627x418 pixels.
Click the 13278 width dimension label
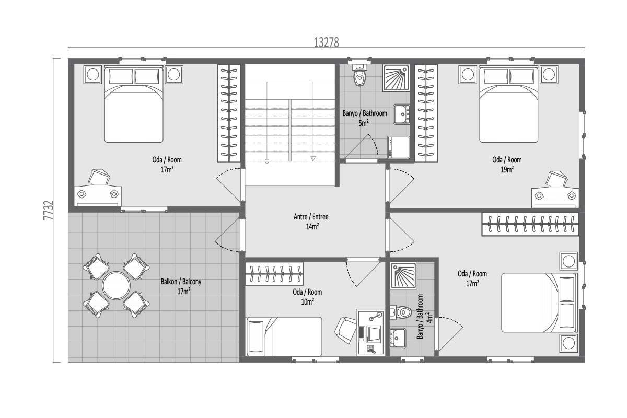pyautogui.click(x=327, y=42)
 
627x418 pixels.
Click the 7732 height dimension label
pyautogui.click(x=48, y=210)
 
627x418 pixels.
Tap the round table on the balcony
pyautogui.click(x=116, y=286)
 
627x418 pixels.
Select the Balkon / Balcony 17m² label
pyautogui.click(x=181, y=286)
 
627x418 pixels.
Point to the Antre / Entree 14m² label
pyautogui.click(x=311, y=222)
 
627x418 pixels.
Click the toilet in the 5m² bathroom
pyautogui.click(x=359, y=75)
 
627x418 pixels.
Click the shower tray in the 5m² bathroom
pyautogui.click(x=396, y=78)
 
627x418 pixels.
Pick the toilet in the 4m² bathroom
pyautogui.click(x=401, y=312)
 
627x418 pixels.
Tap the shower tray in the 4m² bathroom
pyautogui.click(x=404, y=276)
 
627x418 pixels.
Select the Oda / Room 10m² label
pyautogui.click(x=307, y=297)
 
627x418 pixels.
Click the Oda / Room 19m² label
pyautogui.click(x=507, y=165)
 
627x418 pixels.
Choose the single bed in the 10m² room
pyautogui.click(x=284, y=336)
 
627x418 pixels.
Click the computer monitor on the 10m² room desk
pyautogui.click(x=374, y=334)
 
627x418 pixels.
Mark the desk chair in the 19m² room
pyautogui.click(x=556, y=179)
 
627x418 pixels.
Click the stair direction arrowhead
pyautogui.click(x=313, y=159)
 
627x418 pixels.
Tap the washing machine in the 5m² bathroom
pyautogui.click(x=398, y=147)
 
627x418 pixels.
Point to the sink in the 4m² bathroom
pyautogui.click(x=398, y=339)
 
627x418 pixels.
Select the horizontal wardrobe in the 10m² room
pyautogui.click(x=274, y=274)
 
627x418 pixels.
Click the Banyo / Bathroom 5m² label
pyautogui.click(x=365, y=118)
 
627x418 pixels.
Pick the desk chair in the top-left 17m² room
pyautogui.click(x=99, y=177)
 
